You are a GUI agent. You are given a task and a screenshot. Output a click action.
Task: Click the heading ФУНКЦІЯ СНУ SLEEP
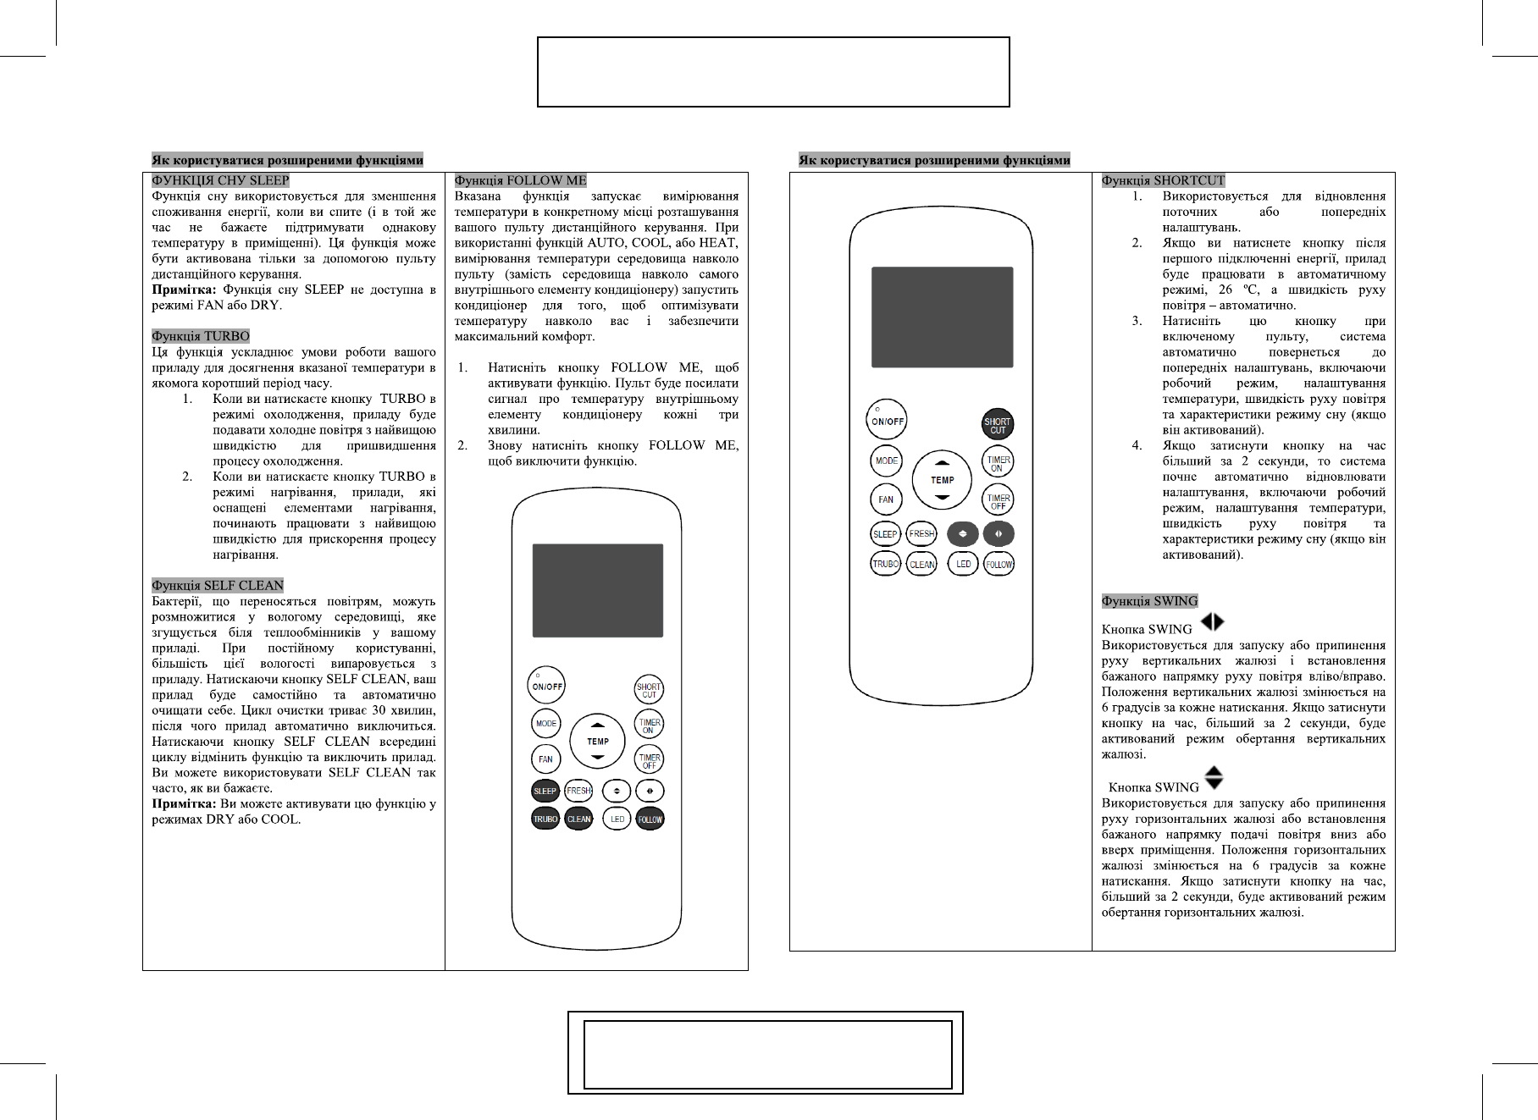point(220,180)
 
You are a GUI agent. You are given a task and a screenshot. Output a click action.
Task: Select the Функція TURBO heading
point(201,336)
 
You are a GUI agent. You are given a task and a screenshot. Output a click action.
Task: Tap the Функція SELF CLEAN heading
point(218,585)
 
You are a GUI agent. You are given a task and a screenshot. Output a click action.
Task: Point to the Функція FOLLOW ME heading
point(520,180)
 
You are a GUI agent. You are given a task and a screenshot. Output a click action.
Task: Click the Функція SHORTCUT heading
point(1163,180)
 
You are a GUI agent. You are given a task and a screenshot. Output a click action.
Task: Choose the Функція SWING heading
point(1149,601)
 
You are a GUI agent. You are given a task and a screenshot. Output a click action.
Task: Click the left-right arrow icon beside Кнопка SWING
point(1212,622)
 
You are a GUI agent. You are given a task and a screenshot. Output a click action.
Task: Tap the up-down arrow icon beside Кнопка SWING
point(1214,778)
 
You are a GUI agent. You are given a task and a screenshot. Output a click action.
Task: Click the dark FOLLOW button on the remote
point(650,819)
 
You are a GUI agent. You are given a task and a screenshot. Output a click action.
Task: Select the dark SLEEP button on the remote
point(545,791)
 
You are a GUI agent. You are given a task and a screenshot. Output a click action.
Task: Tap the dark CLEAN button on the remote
point(578,819)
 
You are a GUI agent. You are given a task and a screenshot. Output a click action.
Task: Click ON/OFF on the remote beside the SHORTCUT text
point(887,420)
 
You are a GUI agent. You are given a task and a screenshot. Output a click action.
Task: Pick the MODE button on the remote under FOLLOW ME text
point(546,723)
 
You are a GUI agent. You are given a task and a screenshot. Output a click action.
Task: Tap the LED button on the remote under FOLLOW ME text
point(617,819)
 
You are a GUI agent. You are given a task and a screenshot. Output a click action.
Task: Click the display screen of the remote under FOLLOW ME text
point(597,590)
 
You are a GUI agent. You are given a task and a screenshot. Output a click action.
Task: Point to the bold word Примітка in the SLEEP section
point(183,290)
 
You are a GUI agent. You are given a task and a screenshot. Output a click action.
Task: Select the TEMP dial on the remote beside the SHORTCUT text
point(942,480)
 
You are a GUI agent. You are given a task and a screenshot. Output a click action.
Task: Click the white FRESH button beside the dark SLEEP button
point(578,791)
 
